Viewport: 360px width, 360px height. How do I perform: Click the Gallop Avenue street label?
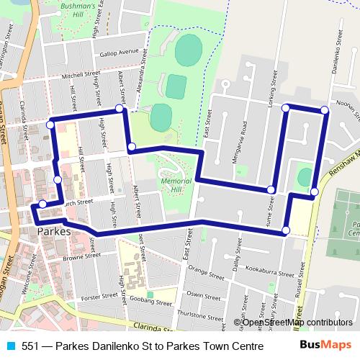(120, 53)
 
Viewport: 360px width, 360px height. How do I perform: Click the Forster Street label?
(99, 296)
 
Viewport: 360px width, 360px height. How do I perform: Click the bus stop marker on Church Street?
(42, 204)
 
